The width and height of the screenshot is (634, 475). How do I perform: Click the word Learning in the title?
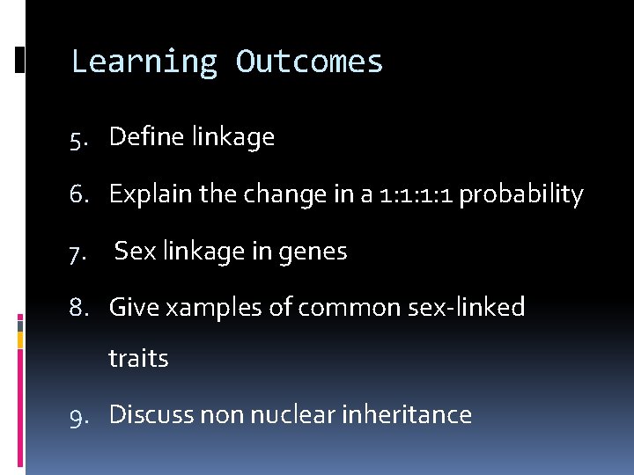coord(144,62)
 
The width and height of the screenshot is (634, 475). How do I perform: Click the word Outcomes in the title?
coord(309,62)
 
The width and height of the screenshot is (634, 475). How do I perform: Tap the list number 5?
coord(81,138)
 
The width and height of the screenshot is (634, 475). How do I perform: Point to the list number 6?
coord(81,195)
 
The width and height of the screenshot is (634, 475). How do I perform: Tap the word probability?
coord(521,194)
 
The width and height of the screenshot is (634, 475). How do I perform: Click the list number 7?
coord(81,252)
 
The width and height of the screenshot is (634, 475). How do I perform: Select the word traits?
coord(138,359)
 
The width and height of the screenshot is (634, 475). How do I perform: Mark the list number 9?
coord(81,415)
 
